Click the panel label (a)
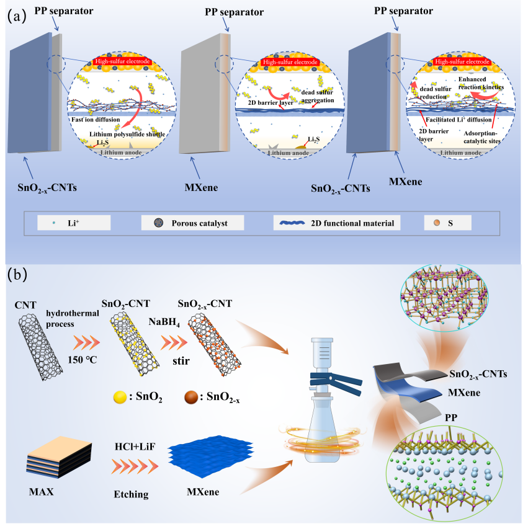(16, 17)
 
